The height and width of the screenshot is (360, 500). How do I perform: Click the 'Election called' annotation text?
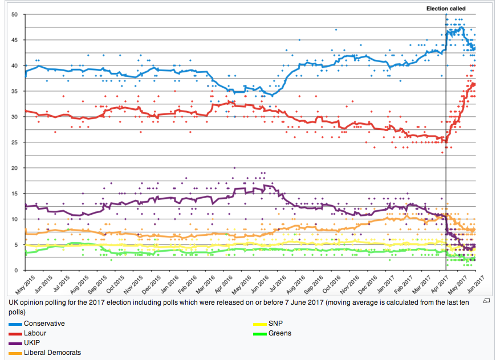tap(446, 9)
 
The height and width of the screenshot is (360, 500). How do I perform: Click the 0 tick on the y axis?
tap(16, 271)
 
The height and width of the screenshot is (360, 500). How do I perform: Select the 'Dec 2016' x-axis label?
tap(375, 283)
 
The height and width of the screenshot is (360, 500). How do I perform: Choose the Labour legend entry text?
tap(35, 333)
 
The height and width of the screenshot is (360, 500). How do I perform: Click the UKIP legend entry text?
tap(32, 343)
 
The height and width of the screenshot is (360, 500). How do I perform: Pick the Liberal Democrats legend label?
tap(52, 353)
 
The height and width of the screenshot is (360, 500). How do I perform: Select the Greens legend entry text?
tap(279, 333)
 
